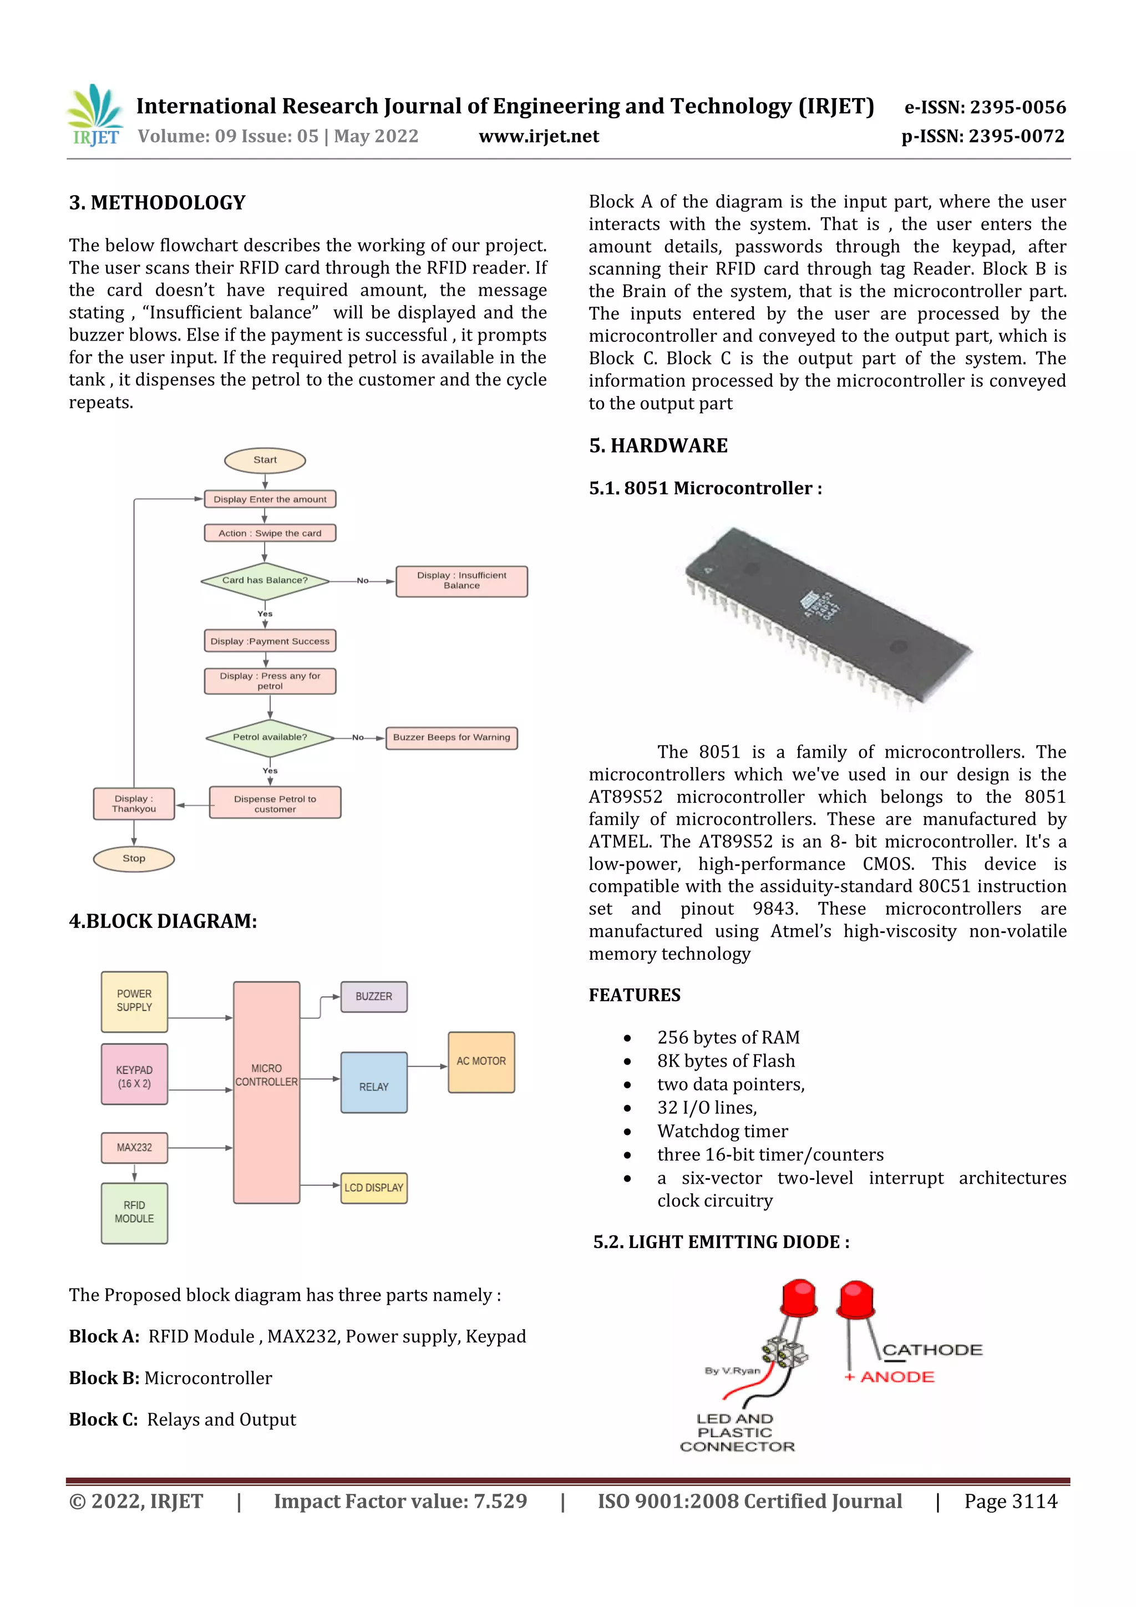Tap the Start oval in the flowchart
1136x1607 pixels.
pos(265,460)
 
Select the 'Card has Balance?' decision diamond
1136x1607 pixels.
pos(265,581)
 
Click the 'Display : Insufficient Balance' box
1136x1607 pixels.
pos(461,581)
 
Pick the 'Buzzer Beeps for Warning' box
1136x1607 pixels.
pos(452,738)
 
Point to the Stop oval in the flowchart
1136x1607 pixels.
pos(134,859)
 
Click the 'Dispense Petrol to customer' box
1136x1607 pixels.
pos(275,803)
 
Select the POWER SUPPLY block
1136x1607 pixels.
pos(134,1002)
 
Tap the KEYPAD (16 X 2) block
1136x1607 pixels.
pos(134,1074)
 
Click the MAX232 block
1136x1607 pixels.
pos(134,1148)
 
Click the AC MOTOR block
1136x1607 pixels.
pos(481,1062)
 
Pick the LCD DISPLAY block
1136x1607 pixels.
pos(374,1188)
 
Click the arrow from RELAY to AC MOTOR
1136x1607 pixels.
pos(427,1067)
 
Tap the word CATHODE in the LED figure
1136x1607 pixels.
pos(932,1350)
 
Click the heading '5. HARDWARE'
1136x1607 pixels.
pos(658,446)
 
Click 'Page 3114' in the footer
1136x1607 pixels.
pos(1010,1501)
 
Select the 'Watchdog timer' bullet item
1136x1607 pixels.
pos(722,1131)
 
